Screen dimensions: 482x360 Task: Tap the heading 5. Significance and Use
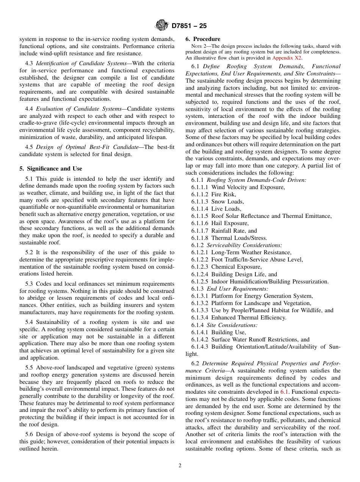pos(51,169)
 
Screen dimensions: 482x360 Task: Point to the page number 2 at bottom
pos(180,466)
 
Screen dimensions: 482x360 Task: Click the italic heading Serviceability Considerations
pos(244,245)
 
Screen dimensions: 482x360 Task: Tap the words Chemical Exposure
pos(236,267)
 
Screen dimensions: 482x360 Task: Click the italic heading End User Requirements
pos(237,289)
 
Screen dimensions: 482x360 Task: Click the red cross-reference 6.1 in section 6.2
pos(284,392)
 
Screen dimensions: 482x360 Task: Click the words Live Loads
pos(226,209)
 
